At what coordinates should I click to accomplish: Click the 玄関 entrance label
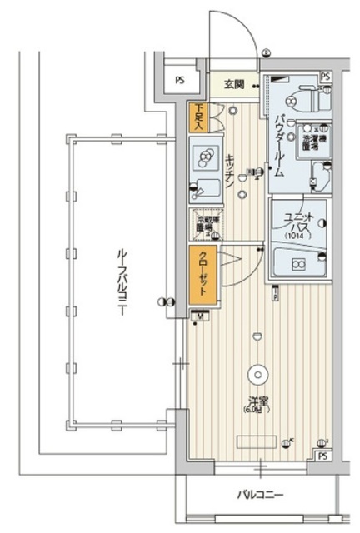click(x=232, y=83)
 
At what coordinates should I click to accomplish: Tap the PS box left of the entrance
click(x=179, y=81)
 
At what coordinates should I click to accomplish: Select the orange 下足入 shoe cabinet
click(x=197, y=118)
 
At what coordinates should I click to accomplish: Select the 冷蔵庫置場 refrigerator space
click(x=204, y=225)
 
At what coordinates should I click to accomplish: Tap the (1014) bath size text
click(x=297, y=235)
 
